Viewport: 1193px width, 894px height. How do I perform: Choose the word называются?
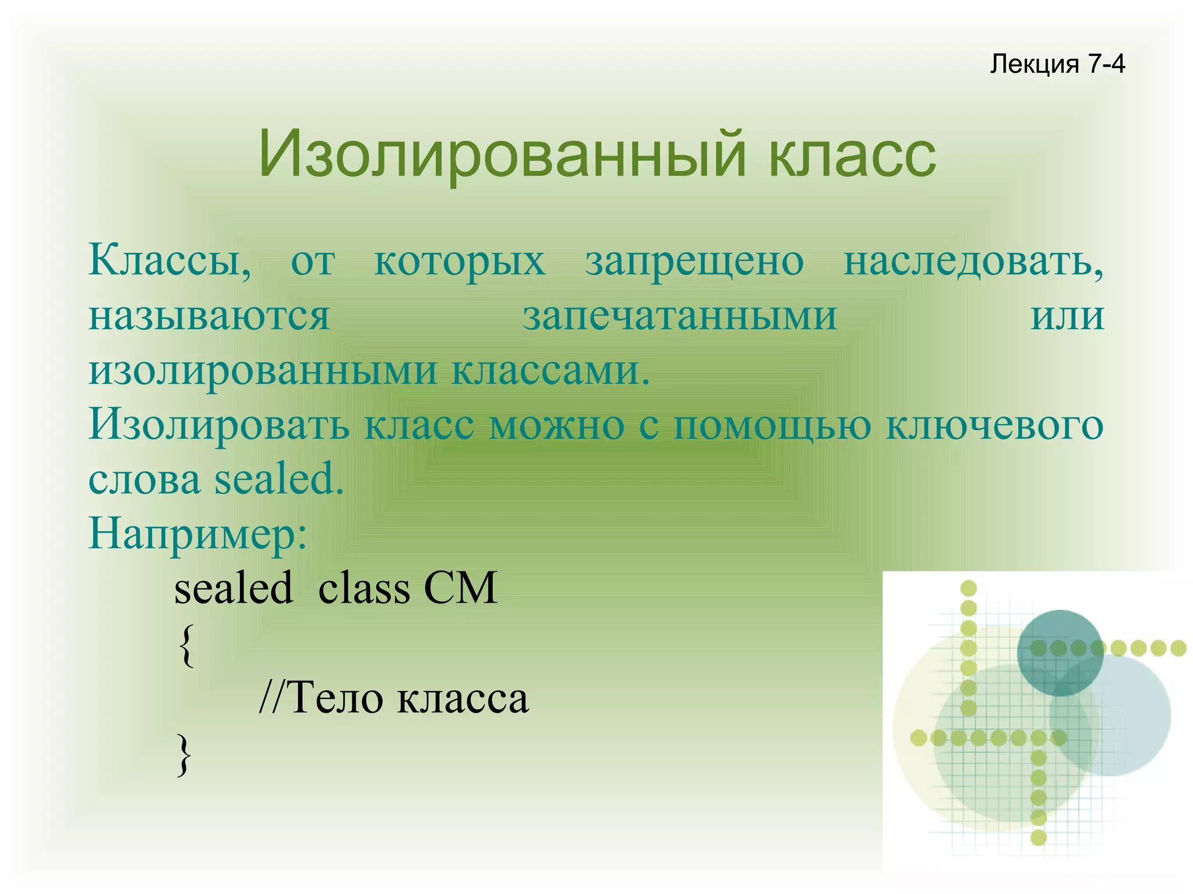tap(209, 316)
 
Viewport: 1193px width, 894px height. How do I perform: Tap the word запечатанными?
tap(679, 316)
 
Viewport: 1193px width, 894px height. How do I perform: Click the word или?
tap(1067, 316)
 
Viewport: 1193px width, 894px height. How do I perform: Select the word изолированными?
tap(263, 371)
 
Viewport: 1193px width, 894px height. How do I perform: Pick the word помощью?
tap(772, 425)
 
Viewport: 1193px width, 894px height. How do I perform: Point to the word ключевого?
tap(994, 425)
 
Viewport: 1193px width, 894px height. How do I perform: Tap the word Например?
tap(197, 534)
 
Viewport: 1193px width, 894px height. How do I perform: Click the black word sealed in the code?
tap(234, 588)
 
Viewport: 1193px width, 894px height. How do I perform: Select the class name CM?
tap(460, 588)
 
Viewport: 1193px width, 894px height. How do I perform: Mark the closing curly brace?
tap(184, 754)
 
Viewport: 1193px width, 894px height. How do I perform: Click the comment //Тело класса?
tap(394, 698)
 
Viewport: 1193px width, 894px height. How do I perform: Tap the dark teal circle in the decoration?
tap(1060, 652)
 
